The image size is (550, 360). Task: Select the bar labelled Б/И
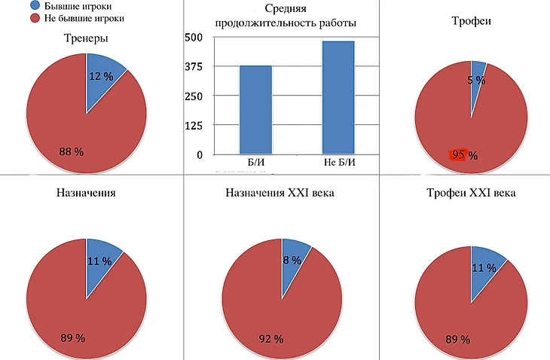coord(255,109)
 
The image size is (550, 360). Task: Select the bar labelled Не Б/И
coord(338,97)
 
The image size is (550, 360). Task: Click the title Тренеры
coord(85,38)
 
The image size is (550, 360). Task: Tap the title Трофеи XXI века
coord(472,194)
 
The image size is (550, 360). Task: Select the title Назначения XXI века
coord(280,194)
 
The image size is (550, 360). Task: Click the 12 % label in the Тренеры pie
coord(101,76)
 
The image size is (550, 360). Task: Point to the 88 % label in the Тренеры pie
coord(71,151)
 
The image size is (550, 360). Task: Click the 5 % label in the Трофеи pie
coord(476,80)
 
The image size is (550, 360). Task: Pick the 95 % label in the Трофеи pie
coord(464,156)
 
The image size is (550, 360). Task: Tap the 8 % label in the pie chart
coord(292,260)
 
